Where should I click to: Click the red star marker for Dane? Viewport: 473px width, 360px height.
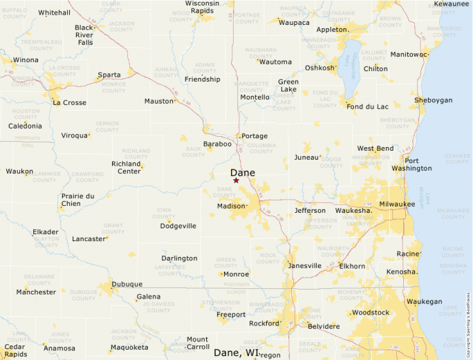coord(236,180)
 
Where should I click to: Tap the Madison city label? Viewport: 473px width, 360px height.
coord(231,206)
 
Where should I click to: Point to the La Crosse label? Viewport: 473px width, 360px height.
coord(69,103)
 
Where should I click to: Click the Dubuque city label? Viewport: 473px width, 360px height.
coord(127,284)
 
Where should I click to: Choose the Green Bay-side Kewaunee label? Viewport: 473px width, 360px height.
coord(451,4)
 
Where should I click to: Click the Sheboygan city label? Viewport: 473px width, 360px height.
coord(433,100)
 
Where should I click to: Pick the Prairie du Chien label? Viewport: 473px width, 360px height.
coord(77,200)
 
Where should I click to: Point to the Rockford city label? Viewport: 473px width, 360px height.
coord(263,323)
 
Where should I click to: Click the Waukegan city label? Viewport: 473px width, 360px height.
coord(424,301)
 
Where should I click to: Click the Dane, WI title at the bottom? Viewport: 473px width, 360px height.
coord(236,352)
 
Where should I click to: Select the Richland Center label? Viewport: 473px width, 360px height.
coord(126,167)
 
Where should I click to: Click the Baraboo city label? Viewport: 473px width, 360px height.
coord(217,144)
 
